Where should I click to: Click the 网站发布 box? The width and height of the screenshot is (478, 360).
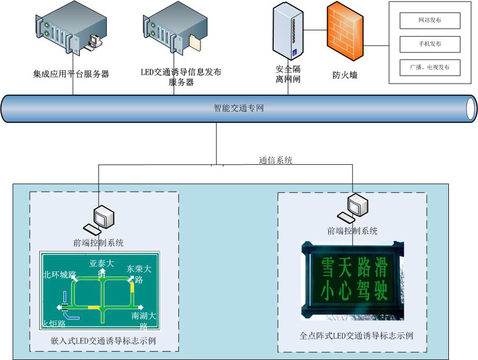pos(429,20)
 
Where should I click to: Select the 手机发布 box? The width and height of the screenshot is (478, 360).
pos(429,44)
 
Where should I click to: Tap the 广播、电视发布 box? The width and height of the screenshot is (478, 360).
pos(429,67)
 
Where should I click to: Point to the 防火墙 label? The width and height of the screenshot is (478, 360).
pos(345,75)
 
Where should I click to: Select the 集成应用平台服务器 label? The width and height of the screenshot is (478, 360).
pos(71,74)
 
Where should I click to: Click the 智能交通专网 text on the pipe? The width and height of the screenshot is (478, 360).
pos(238,109)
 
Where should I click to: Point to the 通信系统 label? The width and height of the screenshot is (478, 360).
pos(275,160)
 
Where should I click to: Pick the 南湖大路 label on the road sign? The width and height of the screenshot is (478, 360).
pos(145,320)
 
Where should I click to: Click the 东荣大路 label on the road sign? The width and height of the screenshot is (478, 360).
pos(139,274)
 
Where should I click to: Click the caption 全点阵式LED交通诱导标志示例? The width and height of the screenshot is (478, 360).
pos(356,336)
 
